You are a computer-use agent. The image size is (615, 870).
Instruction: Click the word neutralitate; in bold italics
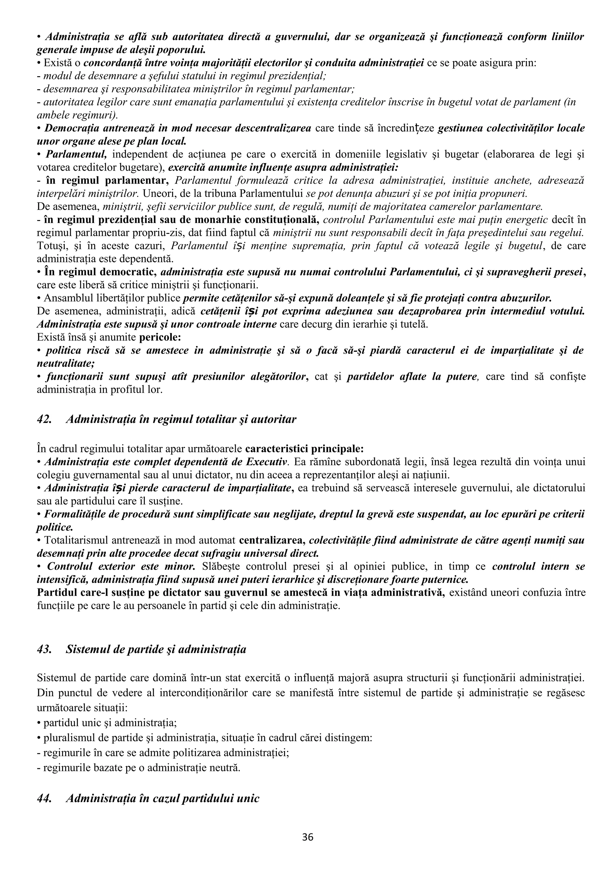tap(65, 363)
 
